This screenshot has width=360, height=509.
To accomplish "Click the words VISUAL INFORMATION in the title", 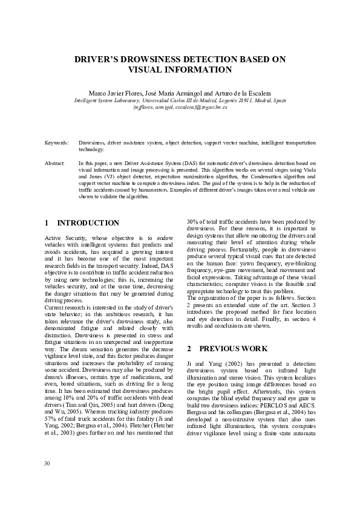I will pyautogui.click(x=180, y=70).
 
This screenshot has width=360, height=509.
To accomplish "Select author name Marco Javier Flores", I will pyautogui.click(x=115, y=94).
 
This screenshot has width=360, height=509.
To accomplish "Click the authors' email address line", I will pyautogui.click(x=180, y=106).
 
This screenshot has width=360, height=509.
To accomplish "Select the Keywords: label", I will pyautogui.click(x=56, y=142).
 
